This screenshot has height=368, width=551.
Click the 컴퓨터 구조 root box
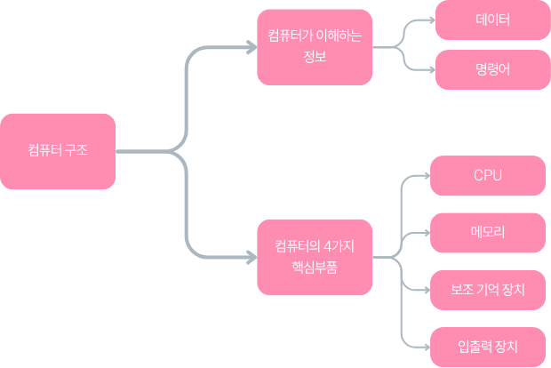pyautogui.click(x=58, y=151)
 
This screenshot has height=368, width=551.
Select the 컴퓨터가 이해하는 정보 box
pyautogui.click(x=315, y=48)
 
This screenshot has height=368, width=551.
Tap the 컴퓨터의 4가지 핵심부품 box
pyautogui.click(x=315, y=257)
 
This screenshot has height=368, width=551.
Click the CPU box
pyautogui.click(x=488, y=175)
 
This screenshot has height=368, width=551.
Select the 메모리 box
pyautogui.click(x=488, y=232)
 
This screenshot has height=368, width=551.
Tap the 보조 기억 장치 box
pyautogui.click(x=488, y=290)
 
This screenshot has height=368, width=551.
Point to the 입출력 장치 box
pyautogui.click(x=488, y=347)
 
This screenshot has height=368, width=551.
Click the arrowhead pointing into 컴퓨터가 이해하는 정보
pyautogui.click(x=251, y=47)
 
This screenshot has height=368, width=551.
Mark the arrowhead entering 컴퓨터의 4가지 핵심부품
pyautogui.click(x=251, y=258)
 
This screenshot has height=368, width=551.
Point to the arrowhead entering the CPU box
pyautogui.click(x=426, y=176)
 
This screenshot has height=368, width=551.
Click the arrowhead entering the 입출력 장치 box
pyautogui.click(x=426, y=347)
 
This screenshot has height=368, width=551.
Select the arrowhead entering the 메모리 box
pyautogui.click(x=426, y=233)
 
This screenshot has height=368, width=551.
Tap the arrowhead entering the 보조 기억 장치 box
pyautogui.click(x=426, y=290)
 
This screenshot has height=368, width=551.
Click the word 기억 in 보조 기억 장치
pyautogui.click(x=489, y=290)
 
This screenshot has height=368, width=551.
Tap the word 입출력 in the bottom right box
pyautogui.click(x=476, y=347)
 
